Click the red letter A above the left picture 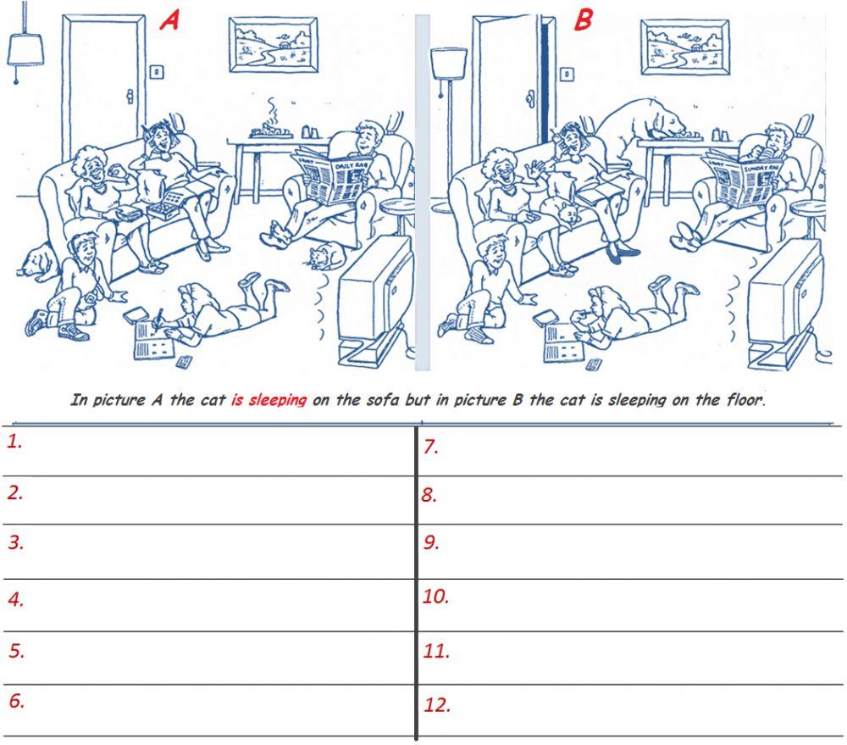pyautogui.click(x=170, y=19)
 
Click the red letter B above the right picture pyautogui.click(x=583, y=19)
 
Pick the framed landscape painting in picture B pyautogui.click(x=684, y=47)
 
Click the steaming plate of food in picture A pyautogui.click(x=272, y=130)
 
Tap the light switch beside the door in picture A pyautogui.click(x=156, y=72)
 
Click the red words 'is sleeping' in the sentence pyautogui.click(x=268, y=400)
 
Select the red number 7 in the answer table pyautogui.click(x=431, y=447)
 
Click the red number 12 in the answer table pyautogui.click(x=435, y=704)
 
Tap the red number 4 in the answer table pyautogui.click(x=14, y=599)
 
